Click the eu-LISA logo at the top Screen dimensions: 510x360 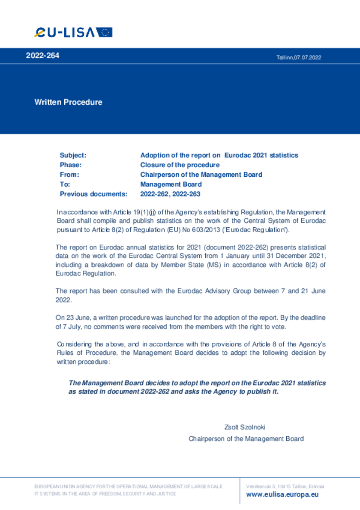point(73,32)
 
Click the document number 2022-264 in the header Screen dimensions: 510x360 point(42,56)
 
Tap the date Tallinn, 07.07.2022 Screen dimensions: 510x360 point(299,57)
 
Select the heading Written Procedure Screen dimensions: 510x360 point(68,102)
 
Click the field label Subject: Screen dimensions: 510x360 point(73,155)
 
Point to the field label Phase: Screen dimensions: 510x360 point(71,165)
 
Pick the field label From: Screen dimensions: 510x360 point(69,175)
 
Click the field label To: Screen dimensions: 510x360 point(65,184)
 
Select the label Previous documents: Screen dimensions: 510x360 point(93,194)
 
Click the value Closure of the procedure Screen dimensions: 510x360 point(180,165)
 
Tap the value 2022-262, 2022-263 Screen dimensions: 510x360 point(170,194)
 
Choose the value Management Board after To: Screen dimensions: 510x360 point(171,184)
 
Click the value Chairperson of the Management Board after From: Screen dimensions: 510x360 point(201,175)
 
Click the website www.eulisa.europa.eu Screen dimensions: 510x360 point(282,495)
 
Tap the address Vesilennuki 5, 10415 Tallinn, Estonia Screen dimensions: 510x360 point(285,486)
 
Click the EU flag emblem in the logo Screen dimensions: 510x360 point(104,32)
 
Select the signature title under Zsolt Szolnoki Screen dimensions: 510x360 point(246,439)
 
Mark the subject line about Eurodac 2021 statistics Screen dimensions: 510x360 point(219,155)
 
